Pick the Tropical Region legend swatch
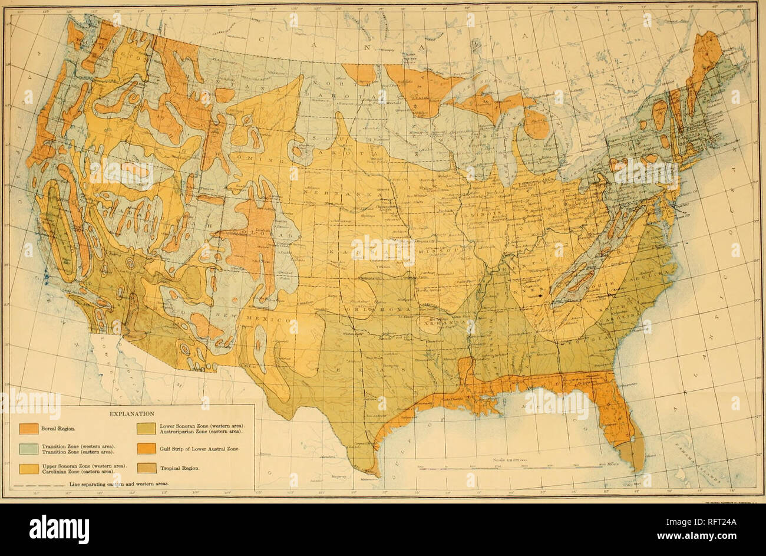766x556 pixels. pos(146,469)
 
